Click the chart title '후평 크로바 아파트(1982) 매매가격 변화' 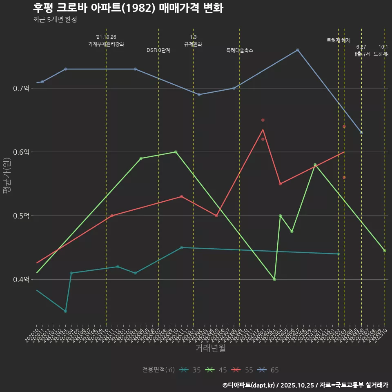pos(128,8)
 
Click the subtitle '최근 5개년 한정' pos(55,20)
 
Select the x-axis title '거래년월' pos(210,348)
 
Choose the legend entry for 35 pos(190,370)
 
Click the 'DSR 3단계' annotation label pos(158,50)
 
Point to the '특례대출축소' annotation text pos(240,50)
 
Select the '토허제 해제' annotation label pos(339,40)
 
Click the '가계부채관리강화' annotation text pos(106,44)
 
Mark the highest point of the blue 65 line pos(298,50)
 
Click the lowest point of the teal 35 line pos(65,311)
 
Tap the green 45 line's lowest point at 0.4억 pos(274,279)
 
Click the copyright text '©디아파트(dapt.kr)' pos(249,385)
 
